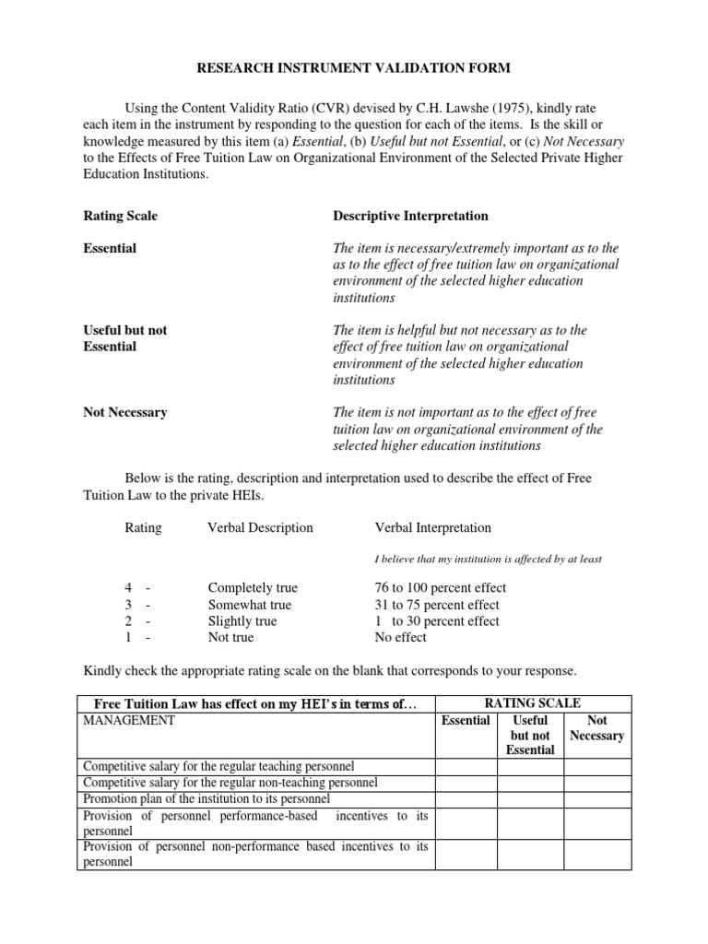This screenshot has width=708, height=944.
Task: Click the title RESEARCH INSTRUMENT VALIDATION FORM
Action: (353, 68)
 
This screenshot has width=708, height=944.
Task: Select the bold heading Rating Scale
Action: (120, 216)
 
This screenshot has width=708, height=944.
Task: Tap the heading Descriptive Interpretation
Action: (410, 216)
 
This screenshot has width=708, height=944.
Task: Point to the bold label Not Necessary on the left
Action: (124, 412)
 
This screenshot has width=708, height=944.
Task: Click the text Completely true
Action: (253, 587)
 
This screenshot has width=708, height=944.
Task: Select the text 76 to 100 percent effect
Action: (440, 587)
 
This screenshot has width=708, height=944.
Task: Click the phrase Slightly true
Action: (242, 620)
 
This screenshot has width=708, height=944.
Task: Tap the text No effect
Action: (400, 637)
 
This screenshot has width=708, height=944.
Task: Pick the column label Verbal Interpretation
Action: (432, 528)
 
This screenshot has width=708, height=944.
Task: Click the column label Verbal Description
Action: (260, 528)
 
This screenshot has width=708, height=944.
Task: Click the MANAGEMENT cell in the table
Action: (128, 720)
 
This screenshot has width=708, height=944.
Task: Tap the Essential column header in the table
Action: (466, 720)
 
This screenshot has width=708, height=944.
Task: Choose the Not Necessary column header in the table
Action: (596, 727)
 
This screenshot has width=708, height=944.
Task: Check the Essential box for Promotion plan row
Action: (466, 798)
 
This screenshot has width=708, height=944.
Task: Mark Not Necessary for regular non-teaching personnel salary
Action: (596, 782)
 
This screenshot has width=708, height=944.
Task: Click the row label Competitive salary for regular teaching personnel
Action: (218, 766)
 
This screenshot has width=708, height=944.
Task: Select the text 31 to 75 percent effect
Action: (437, 604)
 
